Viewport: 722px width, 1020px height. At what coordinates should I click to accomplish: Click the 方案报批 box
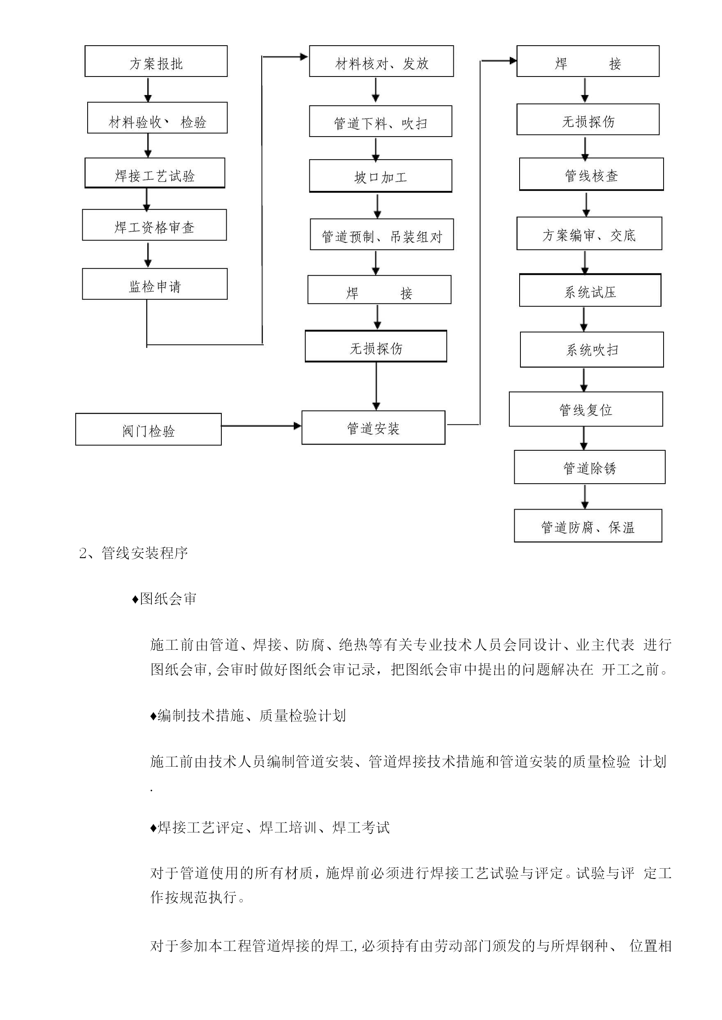[x=156, y=61]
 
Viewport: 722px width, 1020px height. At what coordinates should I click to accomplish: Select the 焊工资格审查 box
[x=154, y=225]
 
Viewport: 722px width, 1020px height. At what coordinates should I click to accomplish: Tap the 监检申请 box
[x=155, y=284]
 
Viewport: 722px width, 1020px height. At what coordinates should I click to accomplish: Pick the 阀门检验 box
[x=149, y=429]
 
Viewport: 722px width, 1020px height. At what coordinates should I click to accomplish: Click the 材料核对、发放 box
[x=381, y=61]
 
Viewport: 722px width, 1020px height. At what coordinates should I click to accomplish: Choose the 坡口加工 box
[x=381, y=176]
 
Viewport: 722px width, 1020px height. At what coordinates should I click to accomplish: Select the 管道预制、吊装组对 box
[x=382, y=235]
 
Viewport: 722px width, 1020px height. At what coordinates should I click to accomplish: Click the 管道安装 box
[x=374, y=428]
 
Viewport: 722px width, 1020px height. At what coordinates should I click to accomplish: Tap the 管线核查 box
[x=591, y=174]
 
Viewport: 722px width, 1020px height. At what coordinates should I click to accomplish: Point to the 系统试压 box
[x=590, y=290]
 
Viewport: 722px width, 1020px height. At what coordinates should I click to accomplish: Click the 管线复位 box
[x=586, y=409]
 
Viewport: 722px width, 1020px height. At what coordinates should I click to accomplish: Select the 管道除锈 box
[x=590, y=467]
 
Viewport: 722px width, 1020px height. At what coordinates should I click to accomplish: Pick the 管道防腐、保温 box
[x=588, y=526]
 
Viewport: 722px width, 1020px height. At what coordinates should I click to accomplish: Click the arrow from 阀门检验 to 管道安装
[x=261, y=426]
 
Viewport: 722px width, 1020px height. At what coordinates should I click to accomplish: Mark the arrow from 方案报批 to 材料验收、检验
[x=148, y=90]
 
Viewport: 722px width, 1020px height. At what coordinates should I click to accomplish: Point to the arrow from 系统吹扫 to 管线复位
[x=584, y=380]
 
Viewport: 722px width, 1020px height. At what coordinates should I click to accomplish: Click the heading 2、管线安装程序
[x=133, y=553]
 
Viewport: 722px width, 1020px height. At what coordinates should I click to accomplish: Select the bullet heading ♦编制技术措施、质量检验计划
[x=248, y=716]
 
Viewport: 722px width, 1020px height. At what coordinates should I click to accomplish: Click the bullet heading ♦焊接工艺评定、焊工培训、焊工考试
[x=270, y=828]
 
